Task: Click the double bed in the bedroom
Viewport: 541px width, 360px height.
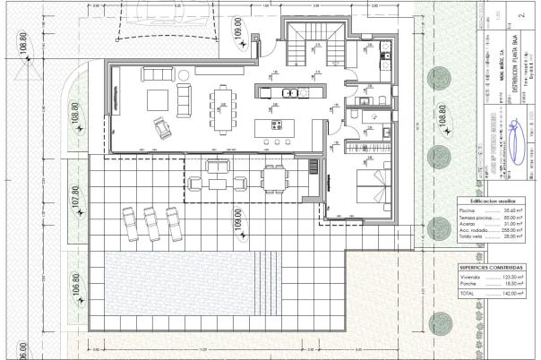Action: coord(372,186)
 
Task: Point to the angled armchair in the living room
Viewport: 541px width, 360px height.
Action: coord(164,130)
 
